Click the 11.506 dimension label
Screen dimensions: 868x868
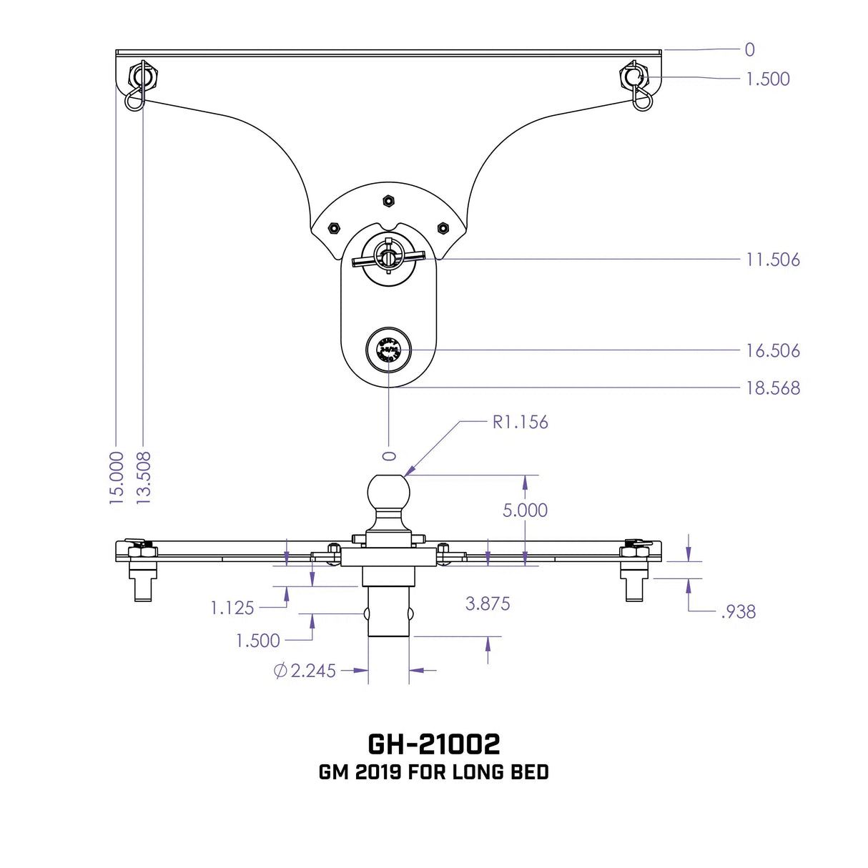772,260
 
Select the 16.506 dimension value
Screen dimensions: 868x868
772,350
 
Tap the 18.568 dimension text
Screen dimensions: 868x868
772,388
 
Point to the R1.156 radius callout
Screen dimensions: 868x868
520,422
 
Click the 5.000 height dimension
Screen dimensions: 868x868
525,510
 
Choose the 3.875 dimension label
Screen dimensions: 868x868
488,603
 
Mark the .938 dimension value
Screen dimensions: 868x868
738,611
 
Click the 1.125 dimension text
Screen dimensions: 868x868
232,608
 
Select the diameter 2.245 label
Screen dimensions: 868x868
305,671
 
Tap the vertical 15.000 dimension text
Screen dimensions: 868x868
117,478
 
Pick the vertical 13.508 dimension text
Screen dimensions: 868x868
144,478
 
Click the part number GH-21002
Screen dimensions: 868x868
433,744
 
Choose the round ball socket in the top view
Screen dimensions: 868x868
388,350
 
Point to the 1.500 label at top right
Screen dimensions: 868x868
767,79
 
